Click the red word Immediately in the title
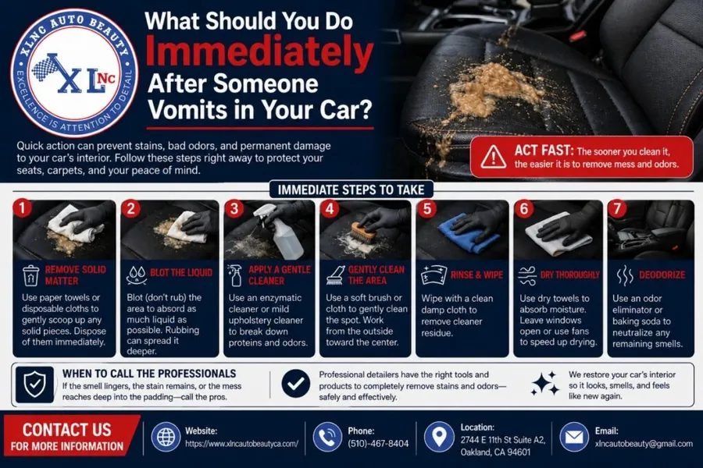point(259,53)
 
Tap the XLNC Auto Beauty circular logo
point(75,73)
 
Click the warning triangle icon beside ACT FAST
point(494,157)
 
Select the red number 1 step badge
point(22,207)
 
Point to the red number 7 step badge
point(617,209)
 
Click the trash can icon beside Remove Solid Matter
point(30,275)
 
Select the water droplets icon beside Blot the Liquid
point(136,275)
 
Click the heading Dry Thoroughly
point(570,275)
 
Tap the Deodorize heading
point(662,275)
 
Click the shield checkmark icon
point(34,385)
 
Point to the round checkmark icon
point(296,384)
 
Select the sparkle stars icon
point(544,383)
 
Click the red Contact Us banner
point(71,435)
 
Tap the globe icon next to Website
point(166,437)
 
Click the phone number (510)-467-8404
point(378,443)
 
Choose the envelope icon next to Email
point(574,437)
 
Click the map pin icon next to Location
point(439,437)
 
